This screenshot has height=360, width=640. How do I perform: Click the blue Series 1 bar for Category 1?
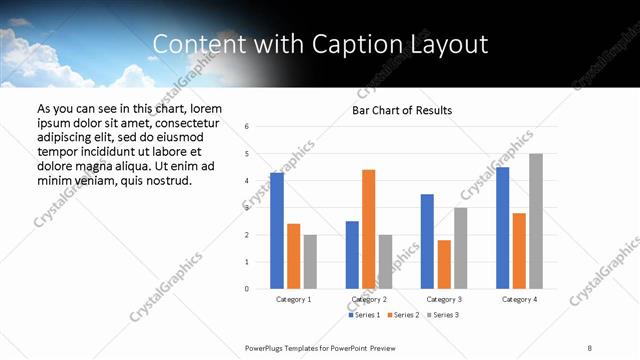[x=277, y=230]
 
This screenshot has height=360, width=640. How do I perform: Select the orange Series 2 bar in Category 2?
[x=368, y=229]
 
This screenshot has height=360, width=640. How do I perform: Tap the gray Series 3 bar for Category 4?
[x=536, y=221]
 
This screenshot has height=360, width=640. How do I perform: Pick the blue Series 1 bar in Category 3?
[x=427, y=241]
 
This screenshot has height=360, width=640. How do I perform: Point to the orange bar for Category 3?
[x=444, y=264]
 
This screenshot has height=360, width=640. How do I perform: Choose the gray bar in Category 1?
[x=310, y=261]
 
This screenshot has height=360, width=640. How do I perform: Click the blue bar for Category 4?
[x=502, y=227]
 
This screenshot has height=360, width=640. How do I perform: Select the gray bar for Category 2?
[x=385, y=261]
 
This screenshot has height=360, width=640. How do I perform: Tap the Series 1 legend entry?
[x=364, y=315]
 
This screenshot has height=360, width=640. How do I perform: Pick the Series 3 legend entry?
[x=445, y=315]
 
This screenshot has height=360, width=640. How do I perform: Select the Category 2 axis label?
[x=369, y=299]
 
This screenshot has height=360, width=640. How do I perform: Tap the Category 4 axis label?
[x=519, y=299]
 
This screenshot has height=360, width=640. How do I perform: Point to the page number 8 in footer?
[x=590, y=347]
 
